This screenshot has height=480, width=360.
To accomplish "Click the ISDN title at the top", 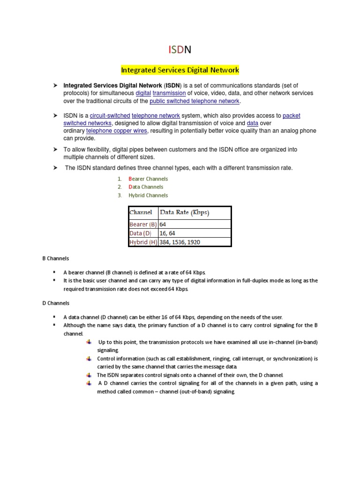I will pyautogui.click(x=180, y=49).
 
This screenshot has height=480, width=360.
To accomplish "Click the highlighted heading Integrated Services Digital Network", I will pyautogui.click(x=180, y=70).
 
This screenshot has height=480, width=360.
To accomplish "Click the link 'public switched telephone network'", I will pyautogui.click(x=195, y=101).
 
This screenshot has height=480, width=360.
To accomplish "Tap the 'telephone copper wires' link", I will pyautogui.click(x=117, y=131).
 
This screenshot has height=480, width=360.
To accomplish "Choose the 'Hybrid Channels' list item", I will pyautogui.click(x=148, y=195).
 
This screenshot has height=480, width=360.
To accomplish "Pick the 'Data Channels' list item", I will pyautogui.click(x=146, y=187).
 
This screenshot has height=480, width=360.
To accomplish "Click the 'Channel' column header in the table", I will pyautogui.click(x=141, y=212).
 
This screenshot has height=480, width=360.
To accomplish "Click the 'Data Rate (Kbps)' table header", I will pyautogui.click(x=185, y=212).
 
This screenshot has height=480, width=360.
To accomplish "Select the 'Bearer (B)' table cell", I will pyautogui.click(x=143, y=225).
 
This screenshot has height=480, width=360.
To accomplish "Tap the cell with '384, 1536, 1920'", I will pyautogui.click(x=180, y=242).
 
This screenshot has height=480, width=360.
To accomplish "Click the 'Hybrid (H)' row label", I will pyautogui.click(x=143, y=242).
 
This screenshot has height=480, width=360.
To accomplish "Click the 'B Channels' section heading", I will pyautogui.click(x=56, y=258).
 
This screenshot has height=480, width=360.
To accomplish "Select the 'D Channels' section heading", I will pyautogui.click(x=56, y=303).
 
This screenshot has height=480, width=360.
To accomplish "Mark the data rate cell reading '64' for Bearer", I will pyautogui.click(x=163, y=225).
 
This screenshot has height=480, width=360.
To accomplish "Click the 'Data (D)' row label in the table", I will pyautogui.click(x=141, y=233).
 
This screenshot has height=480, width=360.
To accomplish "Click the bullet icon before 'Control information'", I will pyautogui.click(x=89, y=359).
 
